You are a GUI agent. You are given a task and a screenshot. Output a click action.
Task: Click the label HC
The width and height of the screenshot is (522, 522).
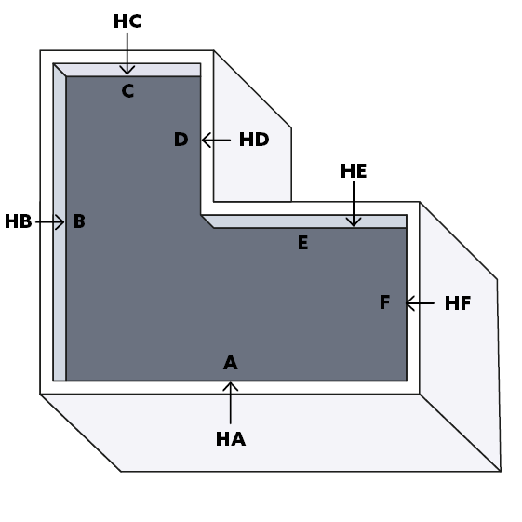click(x=127, y=21)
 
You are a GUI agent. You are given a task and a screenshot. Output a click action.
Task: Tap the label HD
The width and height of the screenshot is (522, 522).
click(x=254, y=140)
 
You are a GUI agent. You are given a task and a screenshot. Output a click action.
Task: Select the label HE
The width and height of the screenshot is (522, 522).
click(x=354, y=171)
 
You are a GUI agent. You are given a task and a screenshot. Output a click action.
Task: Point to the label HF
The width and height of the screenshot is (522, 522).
click(x=458, y=303)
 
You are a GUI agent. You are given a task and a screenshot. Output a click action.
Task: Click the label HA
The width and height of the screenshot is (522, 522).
click(x=231, y=439)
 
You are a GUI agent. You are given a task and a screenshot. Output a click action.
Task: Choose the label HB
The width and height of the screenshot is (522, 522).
click(x=19, y=221)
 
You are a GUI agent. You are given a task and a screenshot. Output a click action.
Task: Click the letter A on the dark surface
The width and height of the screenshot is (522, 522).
click(x=231, y=363)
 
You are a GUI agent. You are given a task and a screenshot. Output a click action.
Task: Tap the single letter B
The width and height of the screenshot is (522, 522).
click(x=79, y=221)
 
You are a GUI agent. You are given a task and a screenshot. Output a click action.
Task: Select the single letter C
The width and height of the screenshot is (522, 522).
click(x=127, y=90)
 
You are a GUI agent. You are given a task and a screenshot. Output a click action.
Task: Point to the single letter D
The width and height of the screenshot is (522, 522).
click(x=181, y=140)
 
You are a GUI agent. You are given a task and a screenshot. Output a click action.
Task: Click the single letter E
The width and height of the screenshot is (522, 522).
click(x=303, y=242)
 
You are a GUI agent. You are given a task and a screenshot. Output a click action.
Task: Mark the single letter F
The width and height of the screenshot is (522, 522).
click(x=385, y=302)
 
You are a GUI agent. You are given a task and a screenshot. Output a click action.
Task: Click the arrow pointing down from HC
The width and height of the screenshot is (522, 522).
click(x=127, y=53)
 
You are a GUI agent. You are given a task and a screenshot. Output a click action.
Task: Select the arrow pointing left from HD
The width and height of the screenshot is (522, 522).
click(x=216, y=140)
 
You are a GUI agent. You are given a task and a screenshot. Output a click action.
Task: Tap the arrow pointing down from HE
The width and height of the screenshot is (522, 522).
click(x=354, y=204)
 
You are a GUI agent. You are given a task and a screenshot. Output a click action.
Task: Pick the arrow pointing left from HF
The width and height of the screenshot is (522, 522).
click(x=420, y=303)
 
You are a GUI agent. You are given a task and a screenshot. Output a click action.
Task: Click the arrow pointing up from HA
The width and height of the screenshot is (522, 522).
click(x=231, y=403)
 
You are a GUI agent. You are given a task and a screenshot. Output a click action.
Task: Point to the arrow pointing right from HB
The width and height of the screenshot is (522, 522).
click(x=50, y=222)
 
